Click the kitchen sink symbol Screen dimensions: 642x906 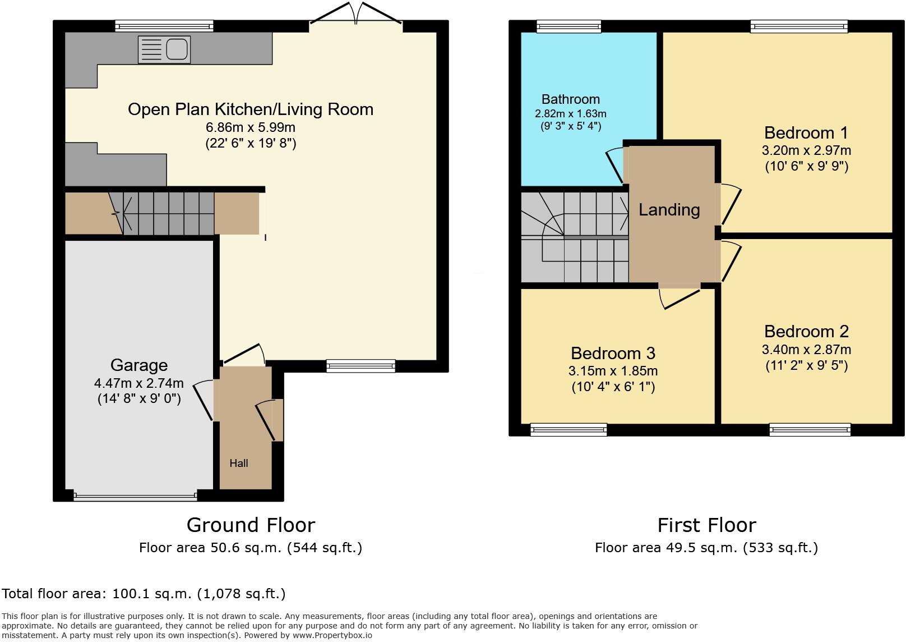pyautogui.click(x=164, y=49)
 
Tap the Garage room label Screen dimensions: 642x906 pyautogui.click(x=139, y=365)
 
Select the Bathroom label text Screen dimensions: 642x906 pyautogui.click(x=571, y=99)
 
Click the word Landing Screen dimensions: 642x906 pyautogui.click(x=669, y=210)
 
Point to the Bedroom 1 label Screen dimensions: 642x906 pyautogui.click(x=806, y=133)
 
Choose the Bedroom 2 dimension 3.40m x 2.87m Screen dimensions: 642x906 pyautogui.click(x=806, y=350)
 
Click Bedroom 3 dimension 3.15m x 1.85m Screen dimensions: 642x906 pyautogui.click(x=613, y=371)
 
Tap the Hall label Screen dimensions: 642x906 pyautogui.click(x=239, y=463)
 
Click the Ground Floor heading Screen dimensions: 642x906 pyautogui.click(x=251, y=525)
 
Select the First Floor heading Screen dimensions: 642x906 pyautogui.click(x=706, y=525)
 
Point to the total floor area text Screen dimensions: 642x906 pyautogui.click(x=144, y=594)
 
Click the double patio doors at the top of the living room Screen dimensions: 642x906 pyautogui.click(x=356, y=16)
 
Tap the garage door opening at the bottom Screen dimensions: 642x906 pyautogui.click(x=135, y=496)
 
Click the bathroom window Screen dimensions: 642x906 pyautogui.click(x=568, y=26)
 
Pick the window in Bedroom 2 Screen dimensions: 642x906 pyautogui.click(x=810, y=430)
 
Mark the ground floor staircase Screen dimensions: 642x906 pyautogui.click(x=168, y=213)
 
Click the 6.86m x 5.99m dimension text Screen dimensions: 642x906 pyautogui.click(x=251, y=127)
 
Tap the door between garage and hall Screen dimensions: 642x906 pyautogui.click(x=204, y=400)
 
